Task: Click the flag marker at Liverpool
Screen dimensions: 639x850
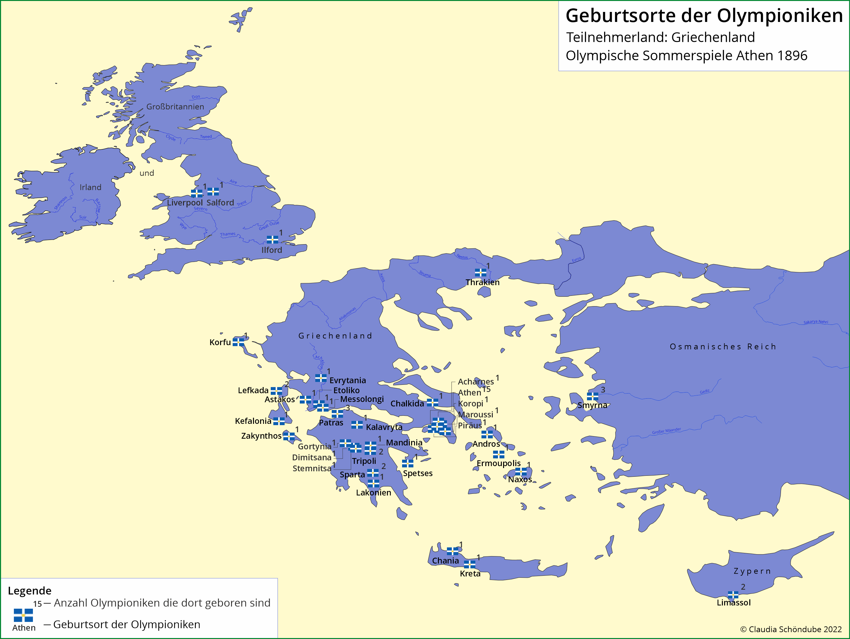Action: pos(196,193)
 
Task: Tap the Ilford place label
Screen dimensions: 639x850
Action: pos(272,250)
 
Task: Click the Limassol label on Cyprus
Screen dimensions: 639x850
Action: pos(733,603)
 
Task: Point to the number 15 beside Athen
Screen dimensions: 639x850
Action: pos(487,389)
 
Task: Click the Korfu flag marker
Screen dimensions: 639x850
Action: pos(238,342)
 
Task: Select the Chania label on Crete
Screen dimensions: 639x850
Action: pos(445,561)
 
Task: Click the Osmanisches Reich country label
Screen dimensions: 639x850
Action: pos(723,346)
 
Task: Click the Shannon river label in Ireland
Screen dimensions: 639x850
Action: pos(60,203)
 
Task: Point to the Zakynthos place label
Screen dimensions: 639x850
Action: pos(261,436)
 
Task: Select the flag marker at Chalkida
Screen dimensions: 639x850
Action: pos(432,403)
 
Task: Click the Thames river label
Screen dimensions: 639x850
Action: pos(228,234)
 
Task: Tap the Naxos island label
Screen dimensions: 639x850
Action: pos(520,479)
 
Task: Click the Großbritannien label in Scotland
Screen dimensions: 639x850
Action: pos(175,107)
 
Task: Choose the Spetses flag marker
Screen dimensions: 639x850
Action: pos(407,464)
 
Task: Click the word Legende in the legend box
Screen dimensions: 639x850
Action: pos(30,591)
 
